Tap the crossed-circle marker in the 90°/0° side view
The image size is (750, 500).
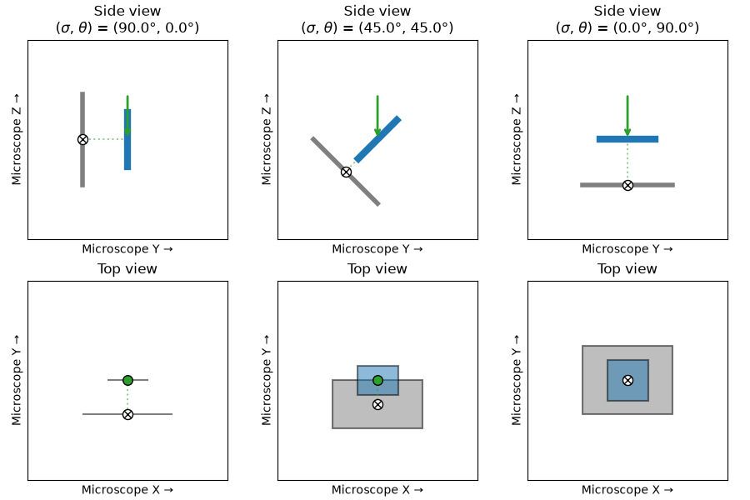tap(82, 139)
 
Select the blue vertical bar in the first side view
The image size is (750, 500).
tap(127, 139)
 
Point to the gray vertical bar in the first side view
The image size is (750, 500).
tap(82, 139)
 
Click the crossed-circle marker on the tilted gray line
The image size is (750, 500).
tap(347, 172)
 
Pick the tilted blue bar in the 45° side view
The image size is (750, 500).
tap(377, 139)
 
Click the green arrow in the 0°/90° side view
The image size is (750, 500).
tap(627, 116)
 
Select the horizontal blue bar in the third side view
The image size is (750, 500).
tap(627, 139)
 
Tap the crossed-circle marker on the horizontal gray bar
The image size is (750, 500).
tap(627, 185)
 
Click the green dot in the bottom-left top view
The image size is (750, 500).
tap(127, 380)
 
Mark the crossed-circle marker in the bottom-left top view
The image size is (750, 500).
tap(127, 414)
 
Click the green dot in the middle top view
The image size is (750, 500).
tap(377, 380)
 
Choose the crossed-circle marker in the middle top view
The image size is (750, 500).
tap(377, 405)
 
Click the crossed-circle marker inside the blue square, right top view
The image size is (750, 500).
tap(627, 380)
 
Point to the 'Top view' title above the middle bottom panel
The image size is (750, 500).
tap(377, 269)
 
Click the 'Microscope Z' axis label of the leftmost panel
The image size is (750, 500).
tap(17, 139)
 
